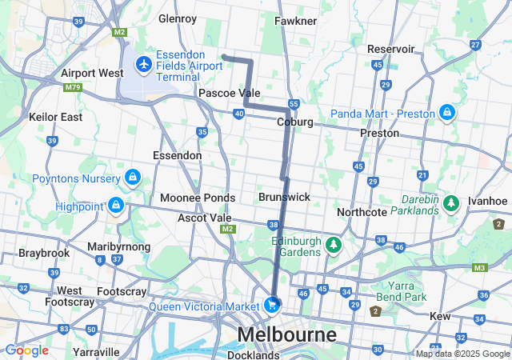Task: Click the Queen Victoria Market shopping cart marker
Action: click(x=272, y=305)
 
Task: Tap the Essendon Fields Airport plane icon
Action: click(x=144, y=63)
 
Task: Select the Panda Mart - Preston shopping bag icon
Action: click(x=446, y=111)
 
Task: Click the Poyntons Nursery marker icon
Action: click(x=133, y=177)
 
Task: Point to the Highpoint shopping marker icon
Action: click(x=117, y=206)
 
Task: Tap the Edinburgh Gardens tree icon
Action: click(x=334, y=243)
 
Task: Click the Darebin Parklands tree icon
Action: click(x=451, y=203)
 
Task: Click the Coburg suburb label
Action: click(x=294, y=122)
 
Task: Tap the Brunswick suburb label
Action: click(x=284, y=196)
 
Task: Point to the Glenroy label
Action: click(x=178, y=18)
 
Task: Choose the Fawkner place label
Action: click(x=296, y=20)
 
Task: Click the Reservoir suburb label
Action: click(x=390, y=49)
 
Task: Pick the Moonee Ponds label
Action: click(x=198, y=198)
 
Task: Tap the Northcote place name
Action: click(x=362, y=212)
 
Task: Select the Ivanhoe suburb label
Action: click(x=488, y=201)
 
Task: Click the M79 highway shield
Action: click(x=72, y=86)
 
